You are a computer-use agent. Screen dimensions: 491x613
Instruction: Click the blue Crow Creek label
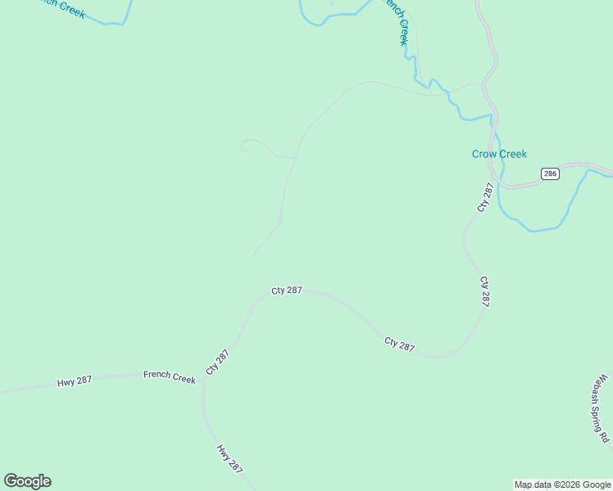pyautogui.click(x=499, y=154)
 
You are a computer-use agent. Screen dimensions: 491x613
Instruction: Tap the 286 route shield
pyautogui.click(x=550, y=173)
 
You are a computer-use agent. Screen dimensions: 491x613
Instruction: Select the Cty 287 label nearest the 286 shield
pyautogui.click(x=486, y=197)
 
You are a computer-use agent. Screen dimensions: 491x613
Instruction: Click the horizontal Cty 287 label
pyautogui.click(x=287, y=291)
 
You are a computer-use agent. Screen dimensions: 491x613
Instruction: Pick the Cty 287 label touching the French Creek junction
pyautogui.click(x=217, y=362)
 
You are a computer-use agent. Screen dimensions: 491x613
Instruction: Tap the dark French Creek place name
pyautogui.click(x=170, y=376)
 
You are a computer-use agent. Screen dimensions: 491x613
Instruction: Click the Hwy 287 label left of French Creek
pyautogui.click(x=75, y=381)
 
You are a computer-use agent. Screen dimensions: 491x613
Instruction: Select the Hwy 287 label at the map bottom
pyautogui.click(x=229, y=458)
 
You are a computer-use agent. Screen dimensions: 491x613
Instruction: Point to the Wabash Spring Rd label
pyautogui.click(x=603, y=408)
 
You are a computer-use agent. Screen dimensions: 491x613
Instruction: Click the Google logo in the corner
pyautogui.click(x=27, y=481)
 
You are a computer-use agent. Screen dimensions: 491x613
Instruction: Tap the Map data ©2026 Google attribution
pyautogui.click(x=563, y=484)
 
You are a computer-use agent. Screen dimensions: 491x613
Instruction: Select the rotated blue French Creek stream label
pyautogui.click(x=397, y=20)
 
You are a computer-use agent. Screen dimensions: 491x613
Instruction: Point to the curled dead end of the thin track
pyautogui.click(x=243, y=146)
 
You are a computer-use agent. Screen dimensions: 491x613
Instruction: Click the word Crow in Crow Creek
pyautogui.click(x=484, y=154)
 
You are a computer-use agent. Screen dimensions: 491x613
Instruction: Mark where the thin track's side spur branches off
pyautogui.click(x=294, y=156)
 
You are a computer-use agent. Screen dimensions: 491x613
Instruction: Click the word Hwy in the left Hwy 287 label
pyautogui.click(x=66, y=382)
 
